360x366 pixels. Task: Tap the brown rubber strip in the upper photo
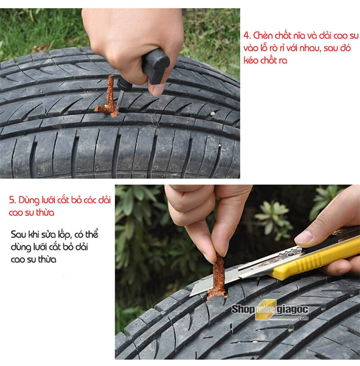tap(110, 98)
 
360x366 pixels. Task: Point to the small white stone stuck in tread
tap(212, 114)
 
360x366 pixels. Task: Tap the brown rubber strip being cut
tap(218, 278)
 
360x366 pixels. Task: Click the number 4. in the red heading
tap(247, 36)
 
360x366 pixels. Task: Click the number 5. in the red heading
tap(12, 200)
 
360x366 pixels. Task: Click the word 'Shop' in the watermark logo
tap(243, 310)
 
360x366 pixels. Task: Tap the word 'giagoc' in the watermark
tap(292, 310)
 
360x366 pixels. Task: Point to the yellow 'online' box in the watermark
tap(266, 310)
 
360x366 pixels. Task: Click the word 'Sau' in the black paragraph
tap(18, 235)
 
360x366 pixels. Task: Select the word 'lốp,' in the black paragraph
tap(65, 235)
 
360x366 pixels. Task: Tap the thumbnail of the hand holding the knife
tap(303, 236)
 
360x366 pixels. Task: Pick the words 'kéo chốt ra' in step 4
tap(265, 60)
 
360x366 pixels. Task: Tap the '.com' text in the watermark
tap(303, 318)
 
